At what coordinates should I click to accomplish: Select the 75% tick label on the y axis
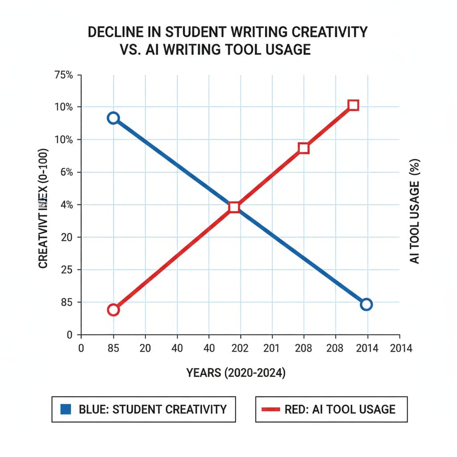click(x=63, y=75)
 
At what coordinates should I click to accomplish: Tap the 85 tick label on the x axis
click(x=113, y=349)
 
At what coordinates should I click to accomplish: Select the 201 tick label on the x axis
click(x=272, y=349)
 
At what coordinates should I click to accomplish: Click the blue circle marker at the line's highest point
click(x=113, y=118)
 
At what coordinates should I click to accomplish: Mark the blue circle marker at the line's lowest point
click(x=366, y=304)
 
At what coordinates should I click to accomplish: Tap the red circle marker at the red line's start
click(x=113, y=310)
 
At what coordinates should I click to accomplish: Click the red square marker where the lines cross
click(x=234, y=207)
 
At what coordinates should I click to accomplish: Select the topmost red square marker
click(x=353, y=105)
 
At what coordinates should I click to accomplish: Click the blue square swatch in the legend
click(x=65, y=409)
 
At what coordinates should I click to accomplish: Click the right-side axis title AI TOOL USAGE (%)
click(x=415, y=212)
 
